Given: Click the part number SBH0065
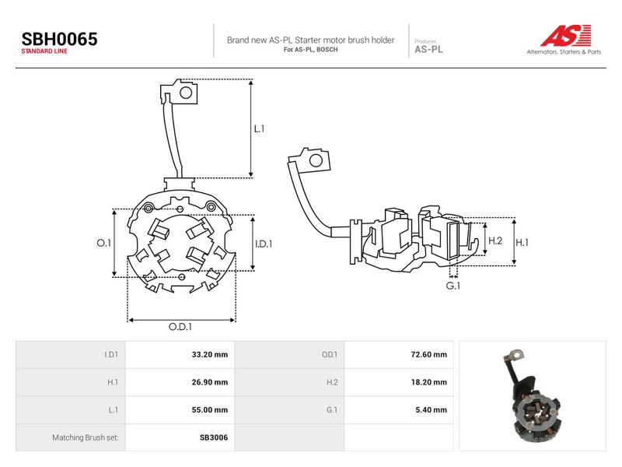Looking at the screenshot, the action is click(x=60, y=40).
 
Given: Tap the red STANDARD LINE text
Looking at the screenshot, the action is click(x=44, y=51).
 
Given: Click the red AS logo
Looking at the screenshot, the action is click(x=566, y=35).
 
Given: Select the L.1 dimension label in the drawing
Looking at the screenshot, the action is click(x=259, y=128).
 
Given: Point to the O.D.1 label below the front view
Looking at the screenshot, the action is click(x=180, y=327).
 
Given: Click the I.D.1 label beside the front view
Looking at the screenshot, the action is click(x=264, y=244).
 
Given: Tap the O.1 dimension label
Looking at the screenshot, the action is click(x=104, y=243).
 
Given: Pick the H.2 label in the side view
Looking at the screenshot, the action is click(x=495, y=241).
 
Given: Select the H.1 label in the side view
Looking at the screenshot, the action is click(x=522, y=243).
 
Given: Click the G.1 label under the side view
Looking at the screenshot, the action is click(x=453, y=286).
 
